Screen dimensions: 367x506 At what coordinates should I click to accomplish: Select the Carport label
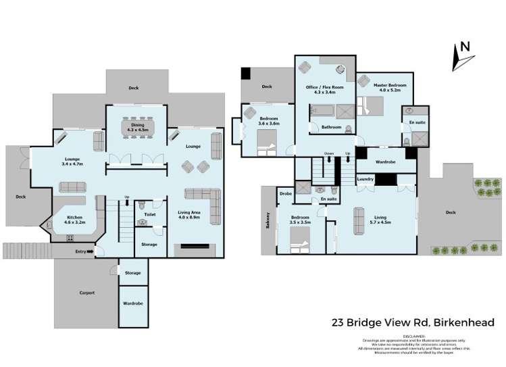pos(86,293)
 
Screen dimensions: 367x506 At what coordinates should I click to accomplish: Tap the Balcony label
pos(268,220)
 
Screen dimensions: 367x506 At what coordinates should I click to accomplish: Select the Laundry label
pos(365,179)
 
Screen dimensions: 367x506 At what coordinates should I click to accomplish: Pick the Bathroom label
pos(331,126)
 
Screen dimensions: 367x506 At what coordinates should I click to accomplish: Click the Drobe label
pos(285,194)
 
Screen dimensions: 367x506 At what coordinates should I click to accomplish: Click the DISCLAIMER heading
pos(413,335)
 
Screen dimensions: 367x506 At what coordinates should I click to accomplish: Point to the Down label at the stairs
pos(328,153)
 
